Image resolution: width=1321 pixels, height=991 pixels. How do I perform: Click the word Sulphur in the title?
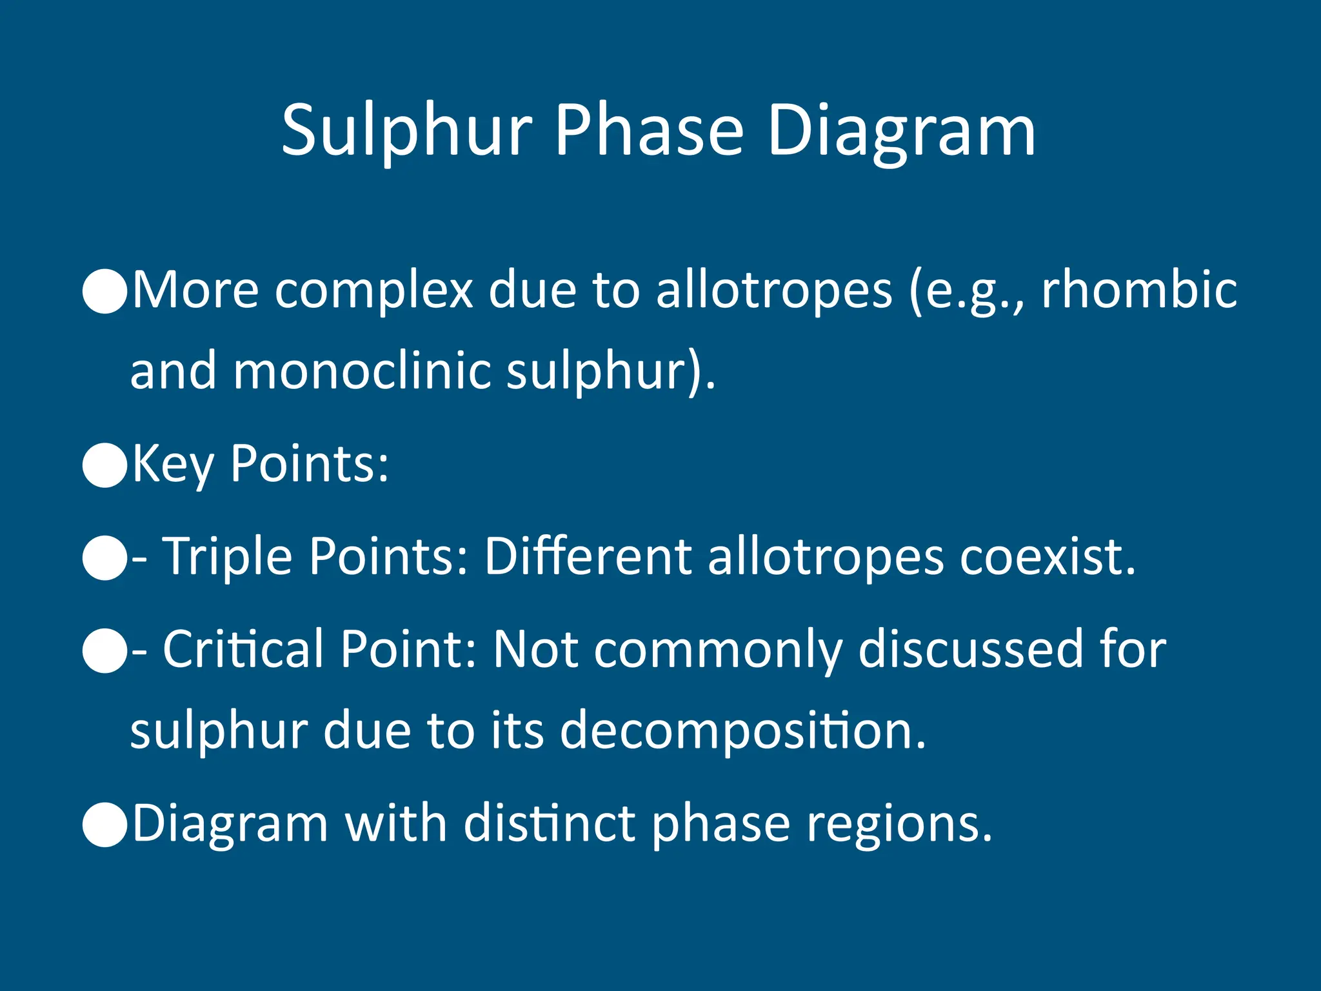(x=406, y=132)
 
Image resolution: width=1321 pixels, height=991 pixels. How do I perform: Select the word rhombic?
(x=1139, y=290)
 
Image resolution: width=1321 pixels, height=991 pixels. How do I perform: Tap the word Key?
(x=173, y=465)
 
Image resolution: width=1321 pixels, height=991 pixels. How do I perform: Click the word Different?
(x=588, y=556)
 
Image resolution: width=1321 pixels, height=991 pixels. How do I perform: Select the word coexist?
(x=1047, y=556)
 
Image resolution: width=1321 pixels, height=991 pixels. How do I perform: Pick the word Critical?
(x=243, y=649)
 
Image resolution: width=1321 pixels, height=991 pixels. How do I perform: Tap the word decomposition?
(x=742, y=730)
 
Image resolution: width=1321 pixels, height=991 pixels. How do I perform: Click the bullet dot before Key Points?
(x=105, y=465)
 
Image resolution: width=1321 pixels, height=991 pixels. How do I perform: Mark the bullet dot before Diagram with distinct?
(x=105, y=824)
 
